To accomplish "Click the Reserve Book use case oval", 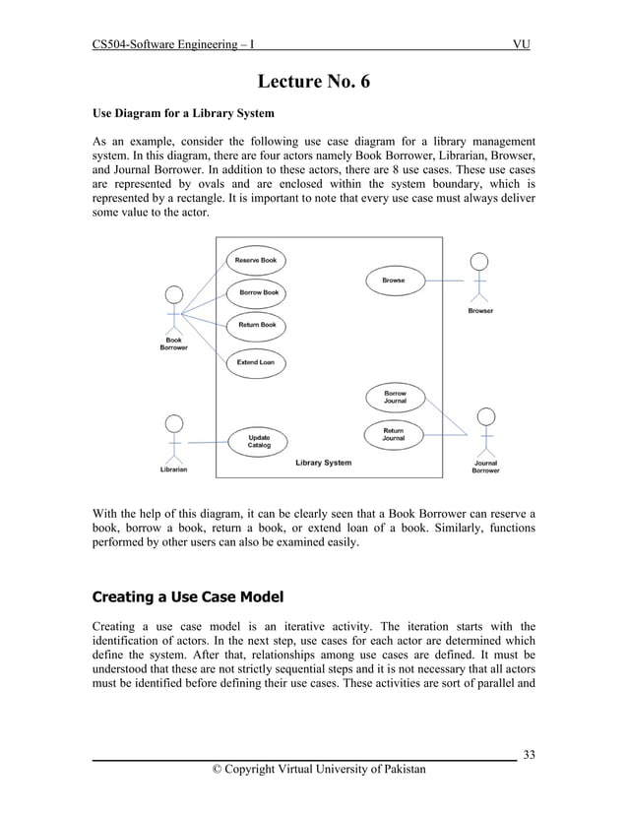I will click(x=255, y=261).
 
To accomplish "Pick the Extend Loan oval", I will click(x=256, y=362).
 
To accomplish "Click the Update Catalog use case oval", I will click(x=259, y=441).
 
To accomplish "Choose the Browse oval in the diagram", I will click(x=393, y=281).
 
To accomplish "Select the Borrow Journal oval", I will click(x=394, y=398).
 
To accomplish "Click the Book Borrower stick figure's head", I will click(x=174, y=294).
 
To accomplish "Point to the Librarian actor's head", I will click(x=174, y=423).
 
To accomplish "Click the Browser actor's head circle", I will click(x=479, y=262).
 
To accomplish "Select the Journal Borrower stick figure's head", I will click(x=485, y=415).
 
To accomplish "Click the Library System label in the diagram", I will click(x=323, y=463).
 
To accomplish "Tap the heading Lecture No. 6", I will click(x=314, y=81).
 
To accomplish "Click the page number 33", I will click(x=530, y=755).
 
